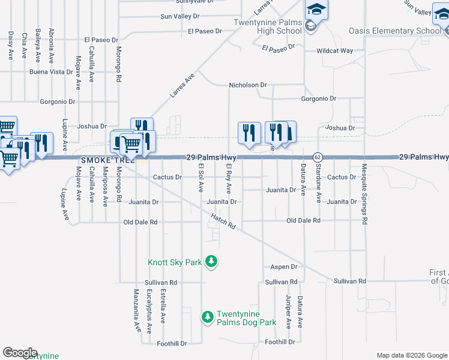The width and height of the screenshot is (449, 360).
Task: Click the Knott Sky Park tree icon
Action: (x=211, y=262)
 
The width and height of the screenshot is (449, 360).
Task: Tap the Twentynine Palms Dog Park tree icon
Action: (x=207, y=316)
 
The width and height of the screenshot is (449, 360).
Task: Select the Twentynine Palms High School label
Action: (x=268, y=26)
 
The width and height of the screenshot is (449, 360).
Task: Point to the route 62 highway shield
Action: (x=318, y=157)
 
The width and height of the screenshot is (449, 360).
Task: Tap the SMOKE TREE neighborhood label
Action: (x=106, y=160)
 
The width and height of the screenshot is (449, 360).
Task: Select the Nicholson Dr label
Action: (x=247, y=85)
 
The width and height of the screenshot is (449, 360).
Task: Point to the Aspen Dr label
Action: (x=284, y=266)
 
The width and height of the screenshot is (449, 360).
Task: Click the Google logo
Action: (x=20, y=353)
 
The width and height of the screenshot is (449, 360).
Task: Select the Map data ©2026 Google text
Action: (x=412, y=355)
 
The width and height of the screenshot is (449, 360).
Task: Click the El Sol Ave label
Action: (x=201, y=178)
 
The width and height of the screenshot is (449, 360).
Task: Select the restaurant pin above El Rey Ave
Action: (x=249, y=133)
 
